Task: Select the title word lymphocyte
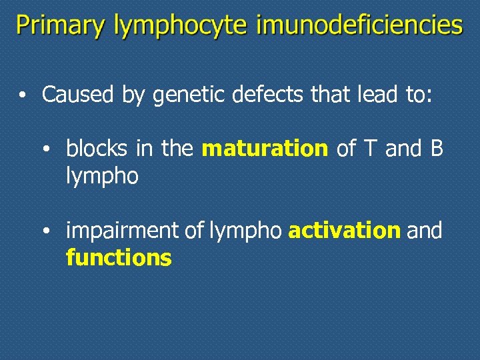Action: coord(181,27)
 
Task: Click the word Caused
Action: coord(77,95)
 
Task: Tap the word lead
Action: coord(369,95)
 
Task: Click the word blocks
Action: coord(98,149)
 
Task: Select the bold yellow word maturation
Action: coord(265,149)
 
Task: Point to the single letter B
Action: coord(437,149)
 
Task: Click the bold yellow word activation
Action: coord(344,231)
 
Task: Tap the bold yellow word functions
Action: coord(119,257)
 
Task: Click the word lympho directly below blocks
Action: coord(102,177)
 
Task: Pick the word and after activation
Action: coord(424,231)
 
